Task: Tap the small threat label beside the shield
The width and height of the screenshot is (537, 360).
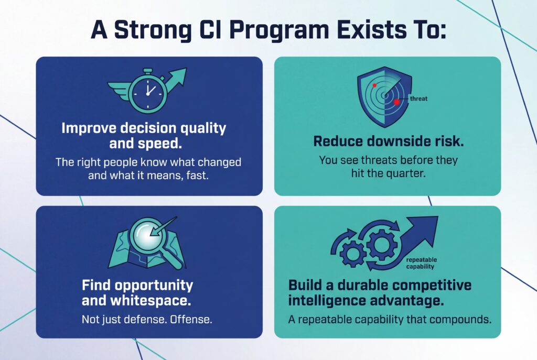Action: (x=418, y=98)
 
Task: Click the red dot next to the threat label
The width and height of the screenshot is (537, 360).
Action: (x=397, y=102)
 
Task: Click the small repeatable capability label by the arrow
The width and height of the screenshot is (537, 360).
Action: (x=421, y=263)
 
